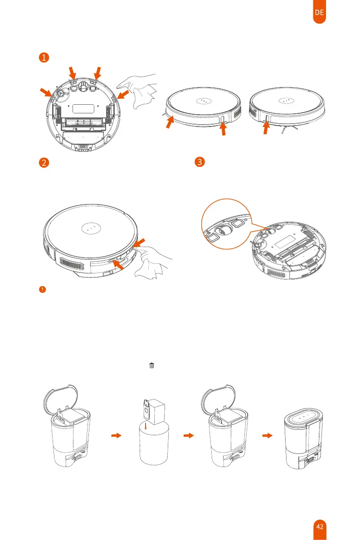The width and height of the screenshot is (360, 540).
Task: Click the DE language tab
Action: (x=319, y=13)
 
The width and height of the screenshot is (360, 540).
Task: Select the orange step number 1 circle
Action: (x=43, y=58)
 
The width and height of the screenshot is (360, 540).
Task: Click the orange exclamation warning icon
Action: (x=42, y=289)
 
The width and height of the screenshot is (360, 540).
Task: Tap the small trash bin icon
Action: (x=151, y=365)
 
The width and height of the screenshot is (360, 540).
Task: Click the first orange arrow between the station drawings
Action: (x=117, y=435)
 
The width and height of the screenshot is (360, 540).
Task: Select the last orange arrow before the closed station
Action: (x=268, y=435)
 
